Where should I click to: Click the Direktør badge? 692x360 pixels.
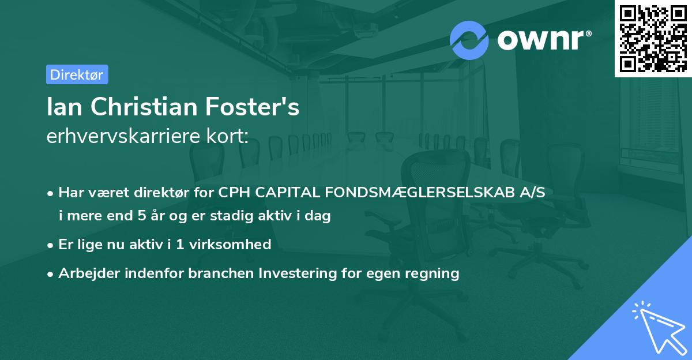tap(77, 74)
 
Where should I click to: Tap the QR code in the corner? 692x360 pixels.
tap(653, 39)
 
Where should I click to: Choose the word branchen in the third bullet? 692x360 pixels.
tap(215, 273)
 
